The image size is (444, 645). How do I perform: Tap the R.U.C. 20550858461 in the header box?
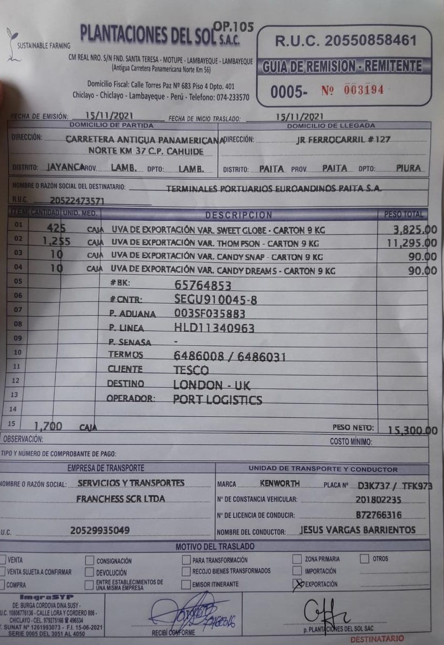346,41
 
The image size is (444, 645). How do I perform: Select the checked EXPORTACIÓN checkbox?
297,584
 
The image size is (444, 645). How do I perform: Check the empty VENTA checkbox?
3,560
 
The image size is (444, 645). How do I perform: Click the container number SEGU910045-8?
215,300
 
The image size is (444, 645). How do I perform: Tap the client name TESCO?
191,370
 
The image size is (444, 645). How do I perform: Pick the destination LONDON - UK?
212,385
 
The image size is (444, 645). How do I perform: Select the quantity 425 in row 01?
56,228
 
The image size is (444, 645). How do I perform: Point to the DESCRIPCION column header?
238,215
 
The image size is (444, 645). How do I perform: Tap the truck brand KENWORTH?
280,484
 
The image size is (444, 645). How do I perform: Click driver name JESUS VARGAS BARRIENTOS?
358,530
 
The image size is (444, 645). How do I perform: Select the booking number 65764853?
203,286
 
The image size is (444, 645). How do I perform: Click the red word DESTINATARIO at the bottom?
377,639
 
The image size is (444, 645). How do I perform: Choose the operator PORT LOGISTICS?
218,400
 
